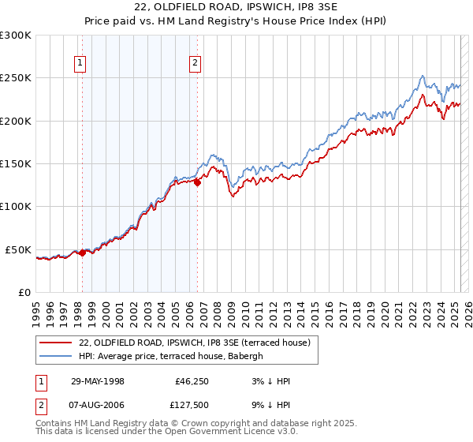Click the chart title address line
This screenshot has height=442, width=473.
click(236, 9)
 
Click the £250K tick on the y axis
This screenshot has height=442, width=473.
click(16, 78)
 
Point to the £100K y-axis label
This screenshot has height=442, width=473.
click(16, 207)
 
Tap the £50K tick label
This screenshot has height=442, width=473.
click(19, 249)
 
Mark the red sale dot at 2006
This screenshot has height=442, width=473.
click(198, 182)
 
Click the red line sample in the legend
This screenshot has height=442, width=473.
click(55, 342)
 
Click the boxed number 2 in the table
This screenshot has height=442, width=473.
click(40, 406)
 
